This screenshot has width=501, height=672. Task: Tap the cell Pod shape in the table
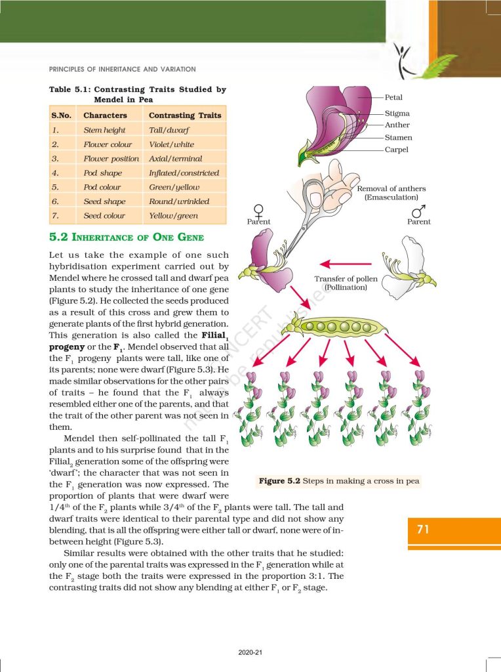[102, 173]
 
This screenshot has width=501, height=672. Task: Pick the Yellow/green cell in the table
[174, 216]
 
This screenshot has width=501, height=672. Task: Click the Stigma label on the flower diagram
[397, 114]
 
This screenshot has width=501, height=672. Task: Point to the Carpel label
[397, 150]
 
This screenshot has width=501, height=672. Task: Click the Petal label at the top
[393, 98]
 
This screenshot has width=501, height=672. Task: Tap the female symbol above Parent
[258, 211]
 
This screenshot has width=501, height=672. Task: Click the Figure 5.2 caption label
[279, 481]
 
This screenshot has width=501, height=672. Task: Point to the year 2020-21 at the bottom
[250, 652]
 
